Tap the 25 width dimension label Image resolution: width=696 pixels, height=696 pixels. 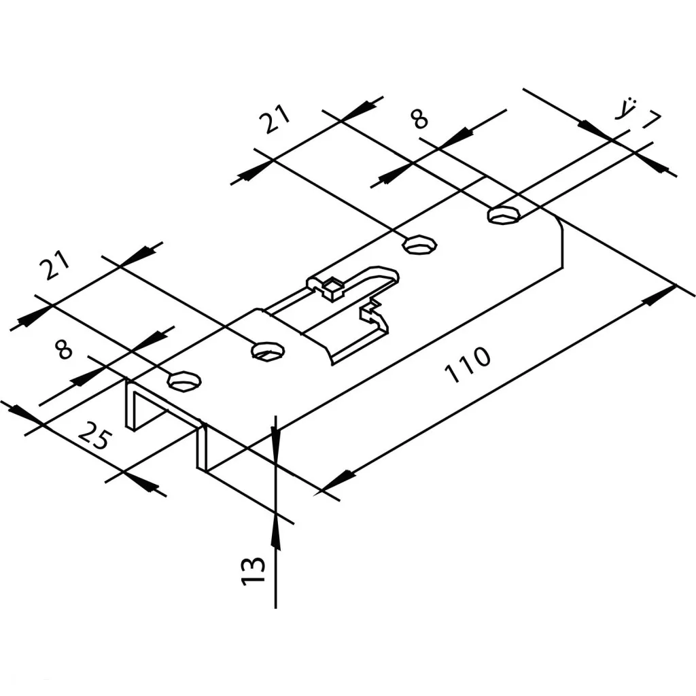click(x=94, y=436)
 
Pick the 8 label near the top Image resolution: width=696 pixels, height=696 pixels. click(x=421, y=120)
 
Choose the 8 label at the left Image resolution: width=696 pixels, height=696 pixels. click(x=64, y=350)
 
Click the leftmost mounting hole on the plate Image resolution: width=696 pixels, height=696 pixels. click(x=184, y=381)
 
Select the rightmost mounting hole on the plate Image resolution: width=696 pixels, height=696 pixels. click(x=504, y=215)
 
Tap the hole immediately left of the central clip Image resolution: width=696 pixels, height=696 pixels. click(x=268, y=351)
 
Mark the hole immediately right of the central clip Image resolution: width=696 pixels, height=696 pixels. click(x=419, y=244)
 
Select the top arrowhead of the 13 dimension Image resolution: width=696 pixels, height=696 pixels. click(x=275, y=436)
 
